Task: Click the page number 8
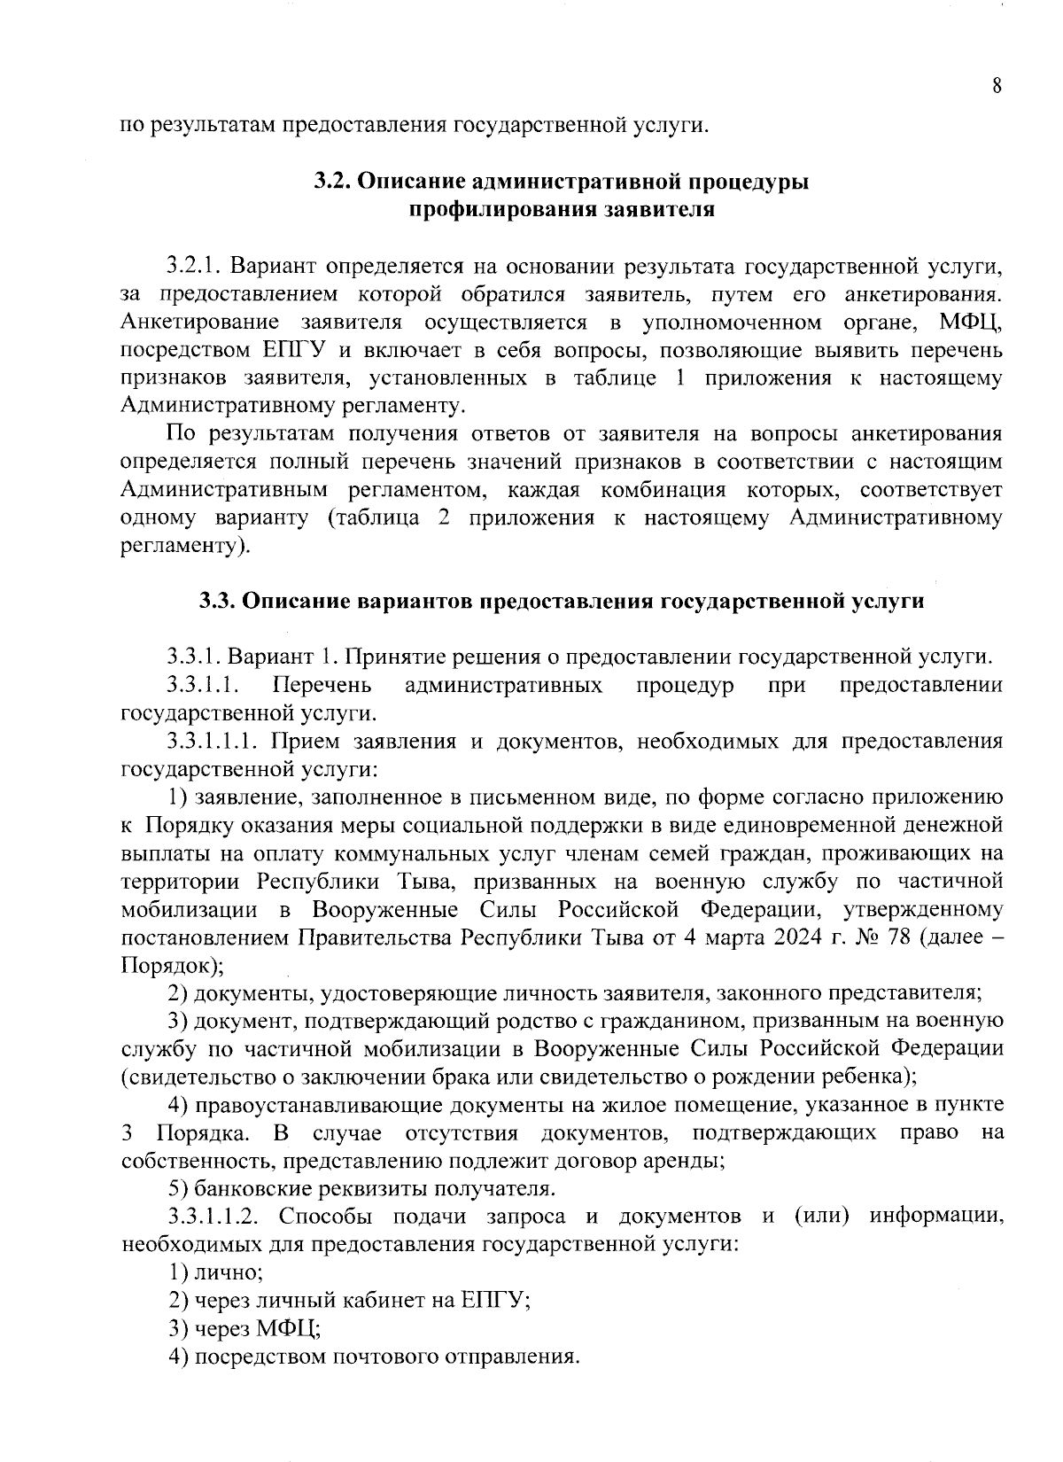997,87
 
